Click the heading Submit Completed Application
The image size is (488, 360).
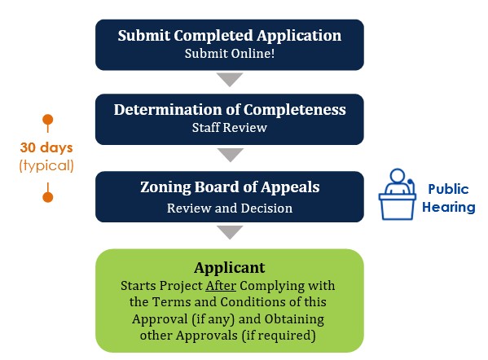tap(230, 36)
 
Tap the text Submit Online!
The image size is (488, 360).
tap(230, 54)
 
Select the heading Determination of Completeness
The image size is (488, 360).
tap(230, 109)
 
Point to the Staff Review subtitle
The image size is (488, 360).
tap(230, 127)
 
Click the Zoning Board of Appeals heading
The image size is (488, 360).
tap(230, 187)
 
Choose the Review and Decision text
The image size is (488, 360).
tap(230, 209)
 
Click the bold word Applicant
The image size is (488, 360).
tap(230, 268)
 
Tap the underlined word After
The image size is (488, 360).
tap(221, 285)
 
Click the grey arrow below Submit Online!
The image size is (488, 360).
tap(230, 80)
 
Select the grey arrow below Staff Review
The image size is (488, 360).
tap(231, 155)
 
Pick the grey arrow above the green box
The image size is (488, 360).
tap(230, 232)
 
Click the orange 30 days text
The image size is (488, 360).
tap(46, 147)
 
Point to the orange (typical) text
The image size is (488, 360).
tap(46, 165)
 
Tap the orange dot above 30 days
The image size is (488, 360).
tap(47, 120)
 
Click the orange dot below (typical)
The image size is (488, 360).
tap(47, 197)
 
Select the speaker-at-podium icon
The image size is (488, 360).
tap(397, 195)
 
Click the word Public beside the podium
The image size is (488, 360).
tap(448, 189)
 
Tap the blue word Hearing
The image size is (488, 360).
tap(448, 207)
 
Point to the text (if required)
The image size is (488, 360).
tap(279, 336)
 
